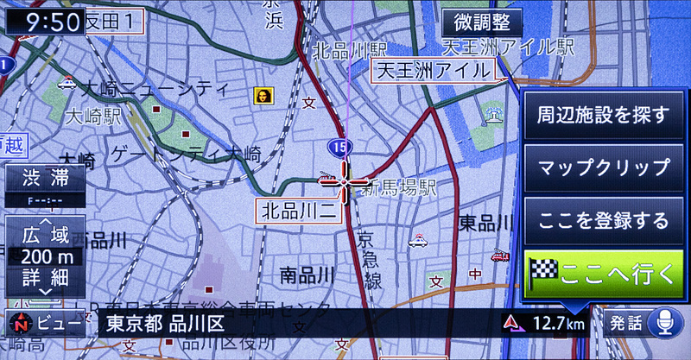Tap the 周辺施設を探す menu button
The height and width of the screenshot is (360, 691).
(x=603, y=115)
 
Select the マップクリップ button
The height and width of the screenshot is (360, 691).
(x=603, y=167)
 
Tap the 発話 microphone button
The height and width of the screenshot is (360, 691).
(x=639, y=325)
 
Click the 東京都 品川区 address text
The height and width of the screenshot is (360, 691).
(x=164, y=325)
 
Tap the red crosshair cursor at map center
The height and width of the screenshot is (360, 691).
(x=343, y=182)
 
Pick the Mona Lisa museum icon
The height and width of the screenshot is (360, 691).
(x=261, y=94)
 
